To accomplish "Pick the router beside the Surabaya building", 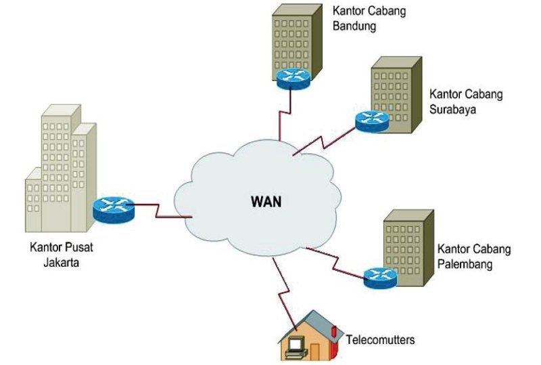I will point(371,121).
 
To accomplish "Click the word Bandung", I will point(354,28).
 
